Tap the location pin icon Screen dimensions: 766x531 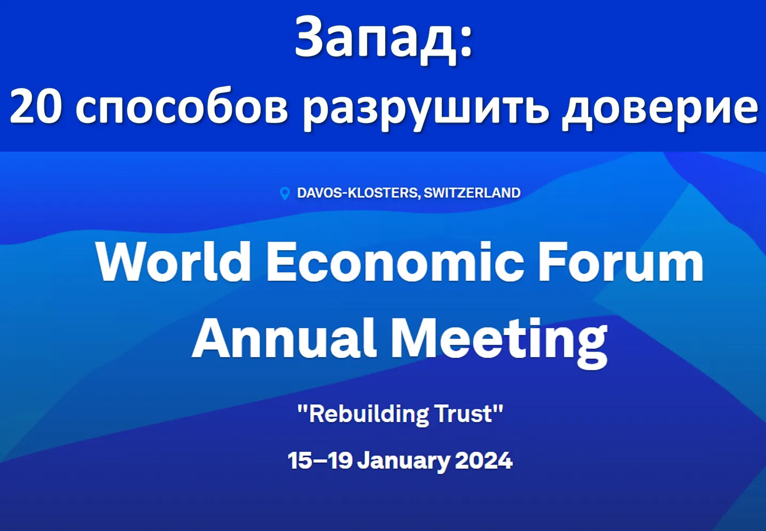pyautogui.click(x=285, y=193)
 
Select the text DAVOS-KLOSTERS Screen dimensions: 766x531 pyautogui.click(x=358, y=193)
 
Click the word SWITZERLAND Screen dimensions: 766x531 pyautogui.click(x=472, y=193)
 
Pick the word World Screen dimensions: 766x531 pyautogui.click(x=173, y=262)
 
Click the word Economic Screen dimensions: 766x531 pyautogui.click(x=395, y=262)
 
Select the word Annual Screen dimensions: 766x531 pyautogui.click(x=284, y=338)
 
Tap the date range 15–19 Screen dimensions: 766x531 pyautogui.click(x=320, y=460)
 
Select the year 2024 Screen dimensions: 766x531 pyautogui.click(x=484, y=460)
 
